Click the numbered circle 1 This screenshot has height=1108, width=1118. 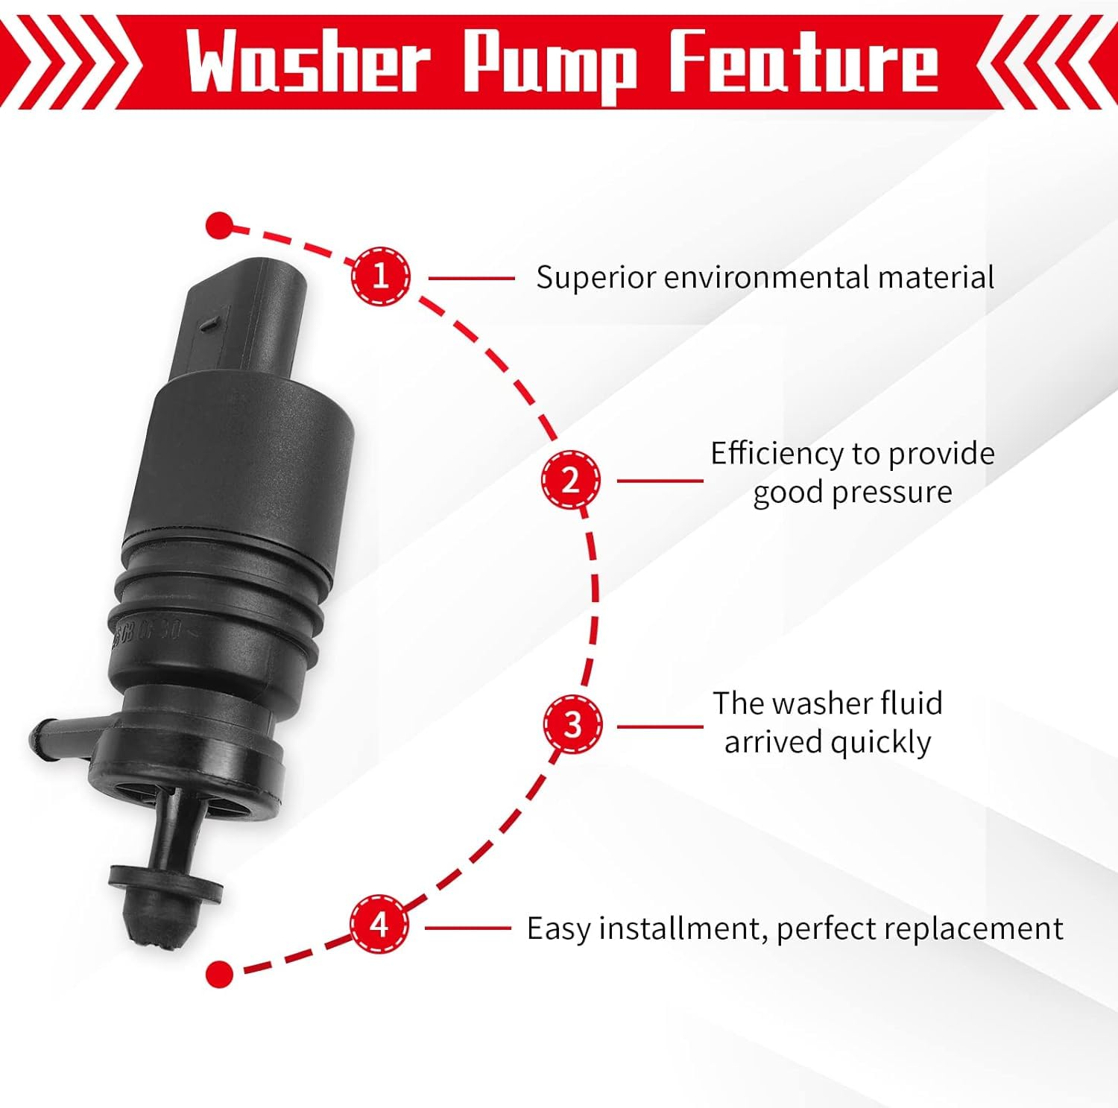(x=381, y=276)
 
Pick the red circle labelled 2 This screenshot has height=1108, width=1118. (x=570, y=480)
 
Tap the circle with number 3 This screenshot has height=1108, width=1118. (x=572, y=725)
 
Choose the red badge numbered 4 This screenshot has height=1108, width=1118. (x=379, y=925)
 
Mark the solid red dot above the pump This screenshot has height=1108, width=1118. (x=218, y=225)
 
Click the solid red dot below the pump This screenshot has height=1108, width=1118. (x=219, y=972)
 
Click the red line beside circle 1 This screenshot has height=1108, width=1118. (x=471, y=278)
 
